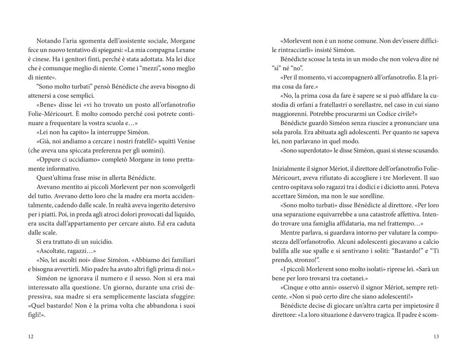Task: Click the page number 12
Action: [31, 337]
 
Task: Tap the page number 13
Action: [436, 337]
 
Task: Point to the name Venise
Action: [184, 141]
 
